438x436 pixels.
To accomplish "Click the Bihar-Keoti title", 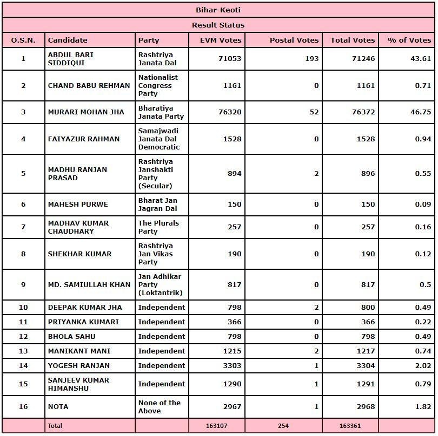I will point(218,10).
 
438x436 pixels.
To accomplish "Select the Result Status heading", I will point(218,25).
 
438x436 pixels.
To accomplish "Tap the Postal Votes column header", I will point(294,40).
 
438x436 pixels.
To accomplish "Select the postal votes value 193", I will point(312,59).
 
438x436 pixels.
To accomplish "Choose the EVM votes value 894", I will point(234,174).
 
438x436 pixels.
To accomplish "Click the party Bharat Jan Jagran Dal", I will point(157,205).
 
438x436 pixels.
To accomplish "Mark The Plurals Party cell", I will point(158,227).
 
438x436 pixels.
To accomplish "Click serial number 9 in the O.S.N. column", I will point(23,284).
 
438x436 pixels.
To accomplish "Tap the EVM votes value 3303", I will point(231,365).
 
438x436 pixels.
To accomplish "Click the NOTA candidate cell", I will point(58,406).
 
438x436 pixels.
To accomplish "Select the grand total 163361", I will point(350,426).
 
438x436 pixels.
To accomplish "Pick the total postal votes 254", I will point(283,426).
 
